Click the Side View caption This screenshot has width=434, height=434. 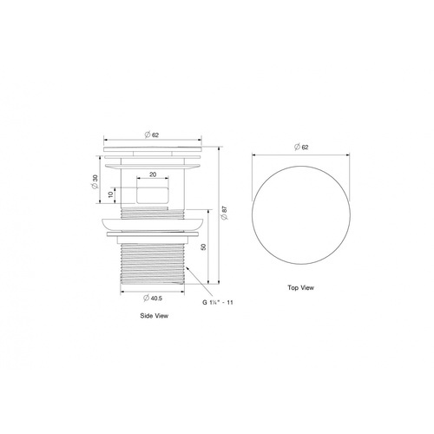pyautogui.click(x=154, y=316)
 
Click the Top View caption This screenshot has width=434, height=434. pyautogui.click(x=300, y=287)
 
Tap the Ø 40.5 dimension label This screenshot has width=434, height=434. pyautogui.click(x=153, y=298)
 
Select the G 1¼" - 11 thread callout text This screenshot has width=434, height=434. pyautogui.click(x=218, y=302)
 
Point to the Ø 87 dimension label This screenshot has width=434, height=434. pyautogui.click(x=225, y=213)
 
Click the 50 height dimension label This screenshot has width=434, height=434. pyautogui.click(x=203, y=247)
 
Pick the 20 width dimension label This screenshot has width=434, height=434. pyautogui.click(x=153, y=174)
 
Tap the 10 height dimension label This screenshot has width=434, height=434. pyautogui.click(x=111, y=194)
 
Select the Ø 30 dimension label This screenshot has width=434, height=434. pyautogui.click(x=95, y=182)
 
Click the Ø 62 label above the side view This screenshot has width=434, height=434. pyautogui.click(x=152, y=135)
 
